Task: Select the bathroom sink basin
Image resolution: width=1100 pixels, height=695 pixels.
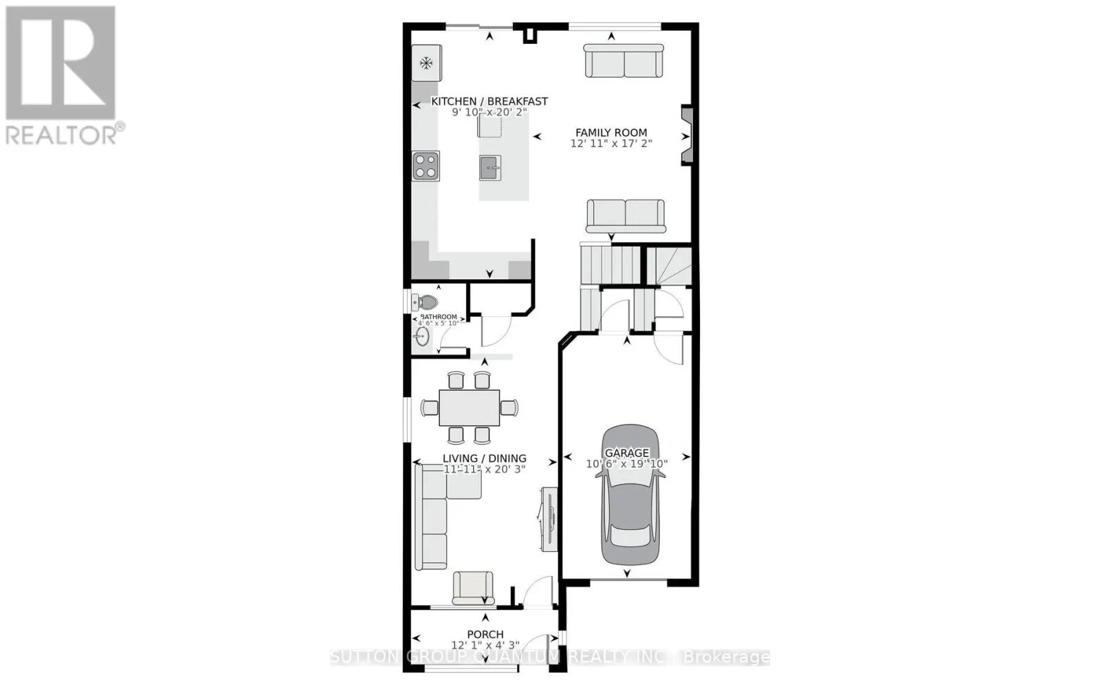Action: [x=421, y=336]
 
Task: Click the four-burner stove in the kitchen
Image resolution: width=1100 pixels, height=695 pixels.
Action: [x=426, y=166]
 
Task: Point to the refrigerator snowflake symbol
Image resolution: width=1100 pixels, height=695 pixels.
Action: [x=426, y=64]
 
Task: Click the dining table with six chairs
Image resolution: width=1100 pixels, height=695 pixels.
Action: [x=469, y=408]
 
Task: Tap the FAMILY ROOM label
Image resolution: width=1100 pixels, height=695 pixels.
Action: [x=611, y=133]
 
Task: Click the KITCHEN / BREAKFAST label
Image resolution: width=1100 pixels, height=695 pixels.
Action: [x=489, y=102]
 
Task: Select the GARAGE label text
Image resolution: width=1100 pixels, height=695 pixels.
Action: [x=626, y=453]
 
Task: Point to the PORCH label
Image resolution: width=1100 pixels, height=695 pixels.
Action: [x=485, y=635]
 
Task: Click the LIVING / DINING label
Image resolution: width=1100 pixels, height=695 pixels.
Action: [x=484, y=459]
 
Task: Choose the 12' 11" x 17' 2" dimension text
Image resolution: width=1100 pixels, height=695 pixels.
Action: [x=611, y=144]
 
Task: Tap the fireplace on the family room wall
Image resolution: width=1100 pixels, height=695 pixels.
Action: [x=686, y=135]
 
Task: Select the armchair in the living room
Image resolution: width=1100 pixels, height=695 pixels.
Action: [x=472, y=588]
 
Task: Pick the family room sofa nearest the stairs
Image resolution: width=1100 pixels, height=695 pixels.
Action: [x=625, y=217]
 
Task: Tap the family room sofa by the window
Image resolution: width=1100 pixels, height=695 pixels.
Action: [x=624, y=61]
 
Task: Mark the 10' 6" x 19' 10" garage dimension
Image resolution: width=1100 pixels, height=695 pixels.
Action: [x=626, y=464]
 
